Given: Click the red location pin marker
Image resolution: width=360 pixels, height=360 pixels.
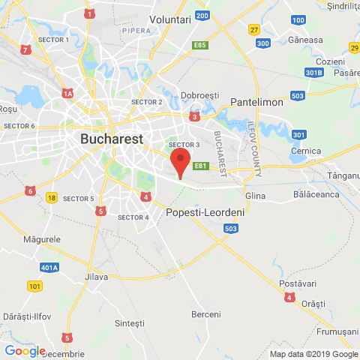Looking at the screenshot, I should point(179,160).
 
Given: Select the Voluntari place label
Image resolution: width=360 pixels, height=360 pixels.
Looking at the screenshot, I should point(171,18).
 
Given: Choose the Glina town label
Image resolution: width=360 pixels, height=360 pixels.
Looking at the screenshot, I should point(256,196).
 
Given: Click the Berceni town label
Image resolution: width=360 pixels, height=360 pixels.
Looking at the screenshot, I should point(206,313).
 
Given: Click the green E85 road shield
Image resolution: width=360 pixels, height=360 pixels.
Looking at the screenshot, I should point(199,46).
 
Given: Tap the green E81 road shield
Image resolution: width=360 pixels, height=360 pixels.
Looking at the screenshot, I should point(200,166).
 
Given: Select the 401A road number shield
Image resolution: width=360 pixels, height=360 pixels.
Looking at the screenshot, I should point(50,267).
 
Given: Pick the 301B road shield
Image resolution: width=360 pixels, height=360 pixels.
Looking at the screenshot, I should point(314,73).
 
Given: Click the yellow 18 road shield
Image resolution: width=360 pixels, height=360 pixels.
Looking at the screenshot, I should point(51,197).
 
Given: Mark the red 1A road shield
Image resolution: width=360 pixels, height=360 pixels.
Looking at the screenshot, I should point(67,94).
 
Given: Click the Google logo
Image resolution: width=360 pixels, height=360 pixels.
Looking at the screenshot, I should point(25,351).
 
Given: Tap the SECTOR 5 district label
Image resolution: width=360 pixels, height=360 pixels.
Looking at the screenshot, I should point(79,199).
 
